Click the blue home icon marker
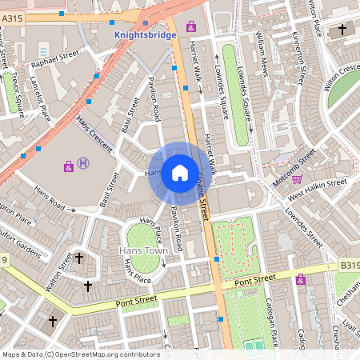tap(180, 172)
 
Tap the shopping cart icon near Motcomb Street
tap(297, 179)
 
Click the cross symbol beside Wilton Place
tap(342, 30)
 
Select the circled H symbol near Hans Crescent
tap(84, 165)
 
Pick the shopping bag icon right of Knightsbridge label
tap(191, 26)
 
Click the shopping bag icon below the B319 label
tap(300, 279)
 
